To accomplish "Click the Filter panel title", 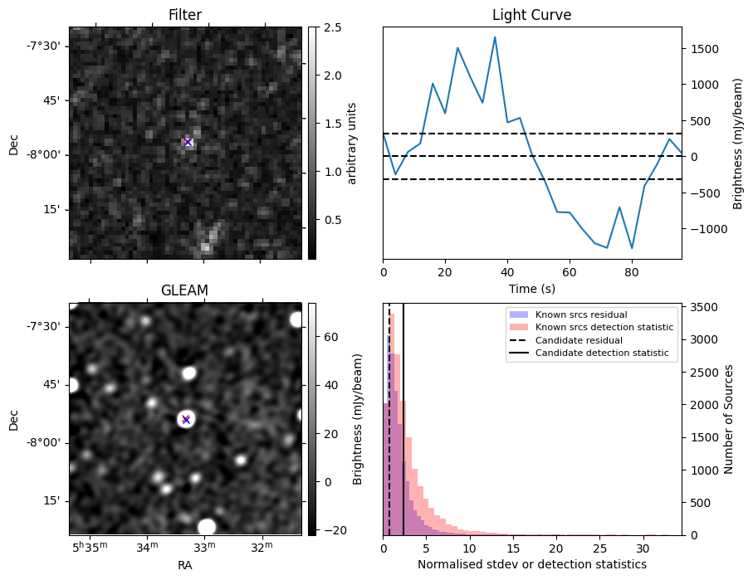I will point(184,15).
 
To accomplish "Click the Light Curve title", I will point(531,15).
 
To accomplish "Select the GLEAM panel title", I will point(184,290).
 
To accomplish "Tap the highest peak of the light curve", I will point(495,37).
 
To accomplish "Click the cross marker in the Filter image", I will point(188,142).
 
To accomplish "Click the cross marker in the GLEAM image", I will point(186,419).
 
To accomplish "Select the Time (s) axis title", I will point(531,288).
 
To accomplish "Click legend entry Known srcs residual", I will point(580,315).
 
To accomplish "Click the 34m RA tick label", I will point(147,548).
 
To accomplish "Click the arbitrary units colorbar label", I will point(352,143).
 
